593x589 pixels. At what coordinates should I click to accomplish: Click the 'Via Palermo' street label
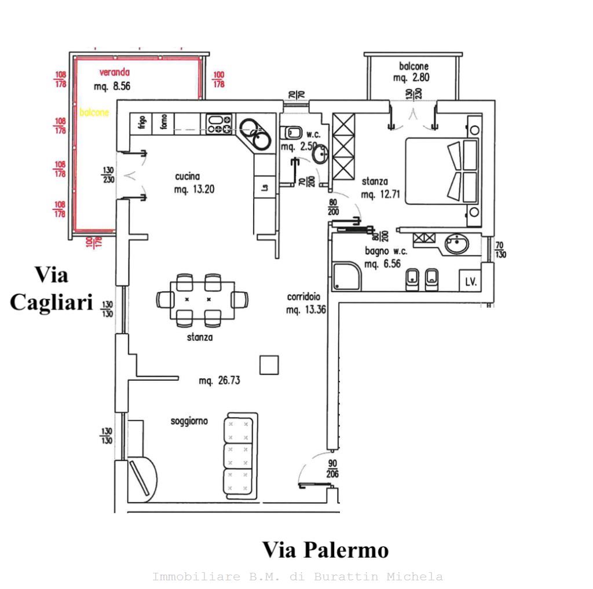click(325, 550)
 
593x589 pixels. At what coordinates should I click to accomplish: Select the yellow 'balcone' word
click(94, 113)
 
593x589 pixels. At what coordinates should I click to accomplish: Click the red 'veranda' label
click(114, 73)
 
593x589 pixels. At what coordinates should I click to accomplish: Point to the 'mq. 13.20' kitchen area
click(194, 189)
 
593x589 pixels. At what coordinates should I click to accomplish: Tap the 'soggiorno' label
click(189, 421)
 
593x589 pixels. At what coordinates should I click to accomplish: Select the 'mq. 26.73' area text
click(219, 381)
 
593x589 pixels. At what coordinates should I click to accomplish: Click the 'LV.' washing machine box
click(471, 282)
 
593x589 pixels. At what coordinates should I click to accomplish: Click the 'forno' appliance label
click(164, 122)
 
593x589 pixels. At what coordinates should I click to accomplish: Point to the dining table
click(202, 300)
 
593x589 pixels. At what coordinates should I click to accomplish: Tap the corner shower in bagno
click(346, 277)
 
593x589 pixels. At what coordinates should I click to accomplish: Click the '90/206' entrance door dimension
click(332, 469)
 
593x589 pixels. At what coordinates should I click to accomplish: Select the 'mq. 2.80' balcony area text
click(411, 78)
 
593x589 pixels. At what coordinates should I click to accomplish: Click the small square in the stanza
click(269, 365)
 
